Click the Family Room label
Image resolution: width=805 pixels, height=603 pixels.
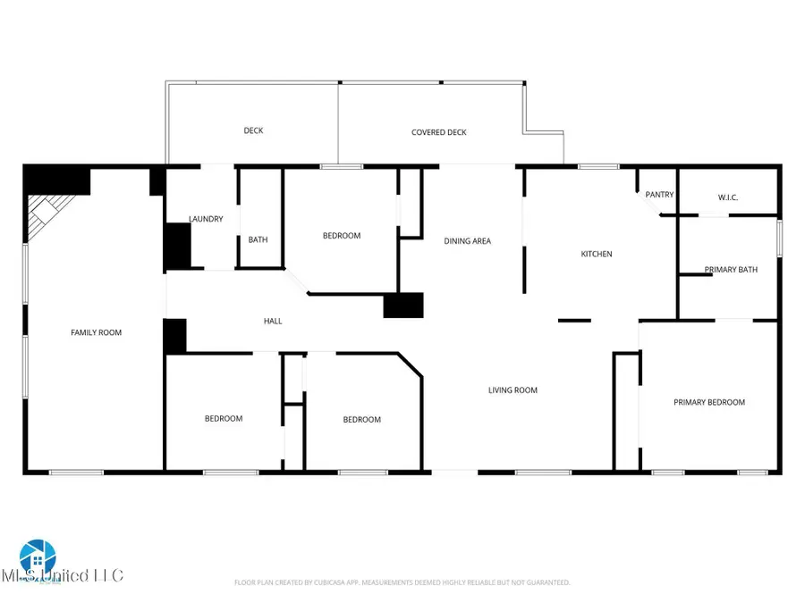point(96,332)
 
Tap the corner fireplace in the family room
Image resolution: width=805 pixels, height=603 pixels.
point(43,216)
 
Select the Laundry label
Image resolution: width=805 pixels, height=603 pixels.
point(206,219)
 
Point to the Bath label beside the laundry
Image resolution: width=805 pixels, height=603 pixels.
point(258,239)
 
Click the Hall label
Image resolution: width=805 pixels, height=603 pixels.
point(273,321)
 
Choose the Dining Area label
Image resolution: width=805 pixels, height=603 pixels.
point(468,241)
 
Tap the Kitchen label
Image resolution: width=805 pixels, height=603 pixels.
point(597,255)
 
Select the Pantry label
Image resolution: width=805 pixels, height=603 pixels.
point(660,195)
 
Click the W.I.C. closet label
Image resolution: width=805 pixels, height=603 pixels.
point(733,197)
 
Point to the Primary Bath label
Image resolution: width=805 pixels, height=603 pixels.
point(731,270)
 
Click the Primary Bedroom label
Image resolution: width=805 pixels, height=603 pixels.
point(709,403)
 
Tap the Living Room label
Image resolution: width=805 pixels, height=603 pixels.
point(513,389)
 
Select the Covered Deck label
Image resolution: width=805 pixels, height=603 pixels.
point(439,132)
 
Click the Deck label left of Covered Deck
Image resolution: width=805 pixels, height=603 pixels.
point(254,130)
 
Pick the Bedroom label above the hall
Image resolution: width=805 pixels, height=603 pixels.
point(342,236)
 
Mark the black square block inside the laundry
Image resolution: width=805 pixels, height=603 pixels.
point(177,246)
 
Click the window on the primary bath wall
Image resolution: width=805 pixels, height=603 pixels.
point(779,239)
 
